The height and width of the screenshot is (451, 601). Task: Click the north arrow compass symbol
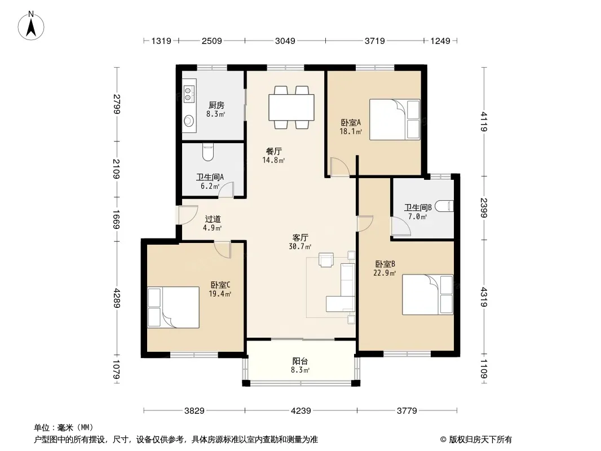[x=31, y=26]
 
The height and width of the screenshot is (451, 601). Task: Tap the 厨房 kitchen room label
[x=216, y=105]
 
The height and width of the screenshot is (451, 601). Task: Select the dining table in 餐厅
[x=291, y=107]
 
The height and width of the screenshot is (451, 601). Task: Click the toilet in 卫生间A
[x=207, y=152]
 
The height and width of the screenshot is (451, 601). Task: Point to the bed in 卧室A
[x=395, y=120]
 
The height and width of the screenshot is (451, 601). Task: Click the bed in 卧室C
[x=173, y=307]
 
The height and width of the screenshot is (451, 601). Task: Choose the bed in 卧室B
[x=427, y=295]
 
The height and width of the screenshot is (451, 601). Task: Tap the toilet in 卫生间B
[x=444, y=206]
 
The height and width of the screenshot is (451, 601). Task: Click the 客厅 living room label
[x=300, y=238]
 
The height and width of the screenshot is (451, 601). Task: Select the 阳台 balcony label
[x=300, y=361]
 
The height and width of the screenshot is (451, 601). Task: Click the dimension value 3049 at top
[x=285, y=41]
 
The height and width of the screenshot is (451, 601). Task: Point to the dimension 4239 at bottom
[x=301, y=411]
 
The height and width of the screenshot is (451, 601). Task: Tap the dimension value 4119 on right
[x=484, y=121]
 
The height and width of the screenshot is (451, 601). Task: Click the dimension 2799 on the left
[x=117, y=104]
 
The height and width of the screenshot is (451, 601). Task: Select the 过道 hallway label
[x=213, y=219]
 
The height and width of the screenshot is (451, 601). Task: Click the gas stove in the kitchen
[x=189, y=92]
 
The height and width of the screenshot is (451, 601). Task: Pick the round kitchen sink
[x=188, y=121]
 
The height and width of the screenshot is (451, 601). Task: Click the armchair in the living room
[x=326, y=260]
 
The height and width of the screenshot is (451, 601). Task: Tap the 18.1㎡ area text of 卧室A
[x=351, y=131]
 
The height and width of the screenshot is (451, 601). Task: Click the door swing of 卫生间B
[x=401, y=227]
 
